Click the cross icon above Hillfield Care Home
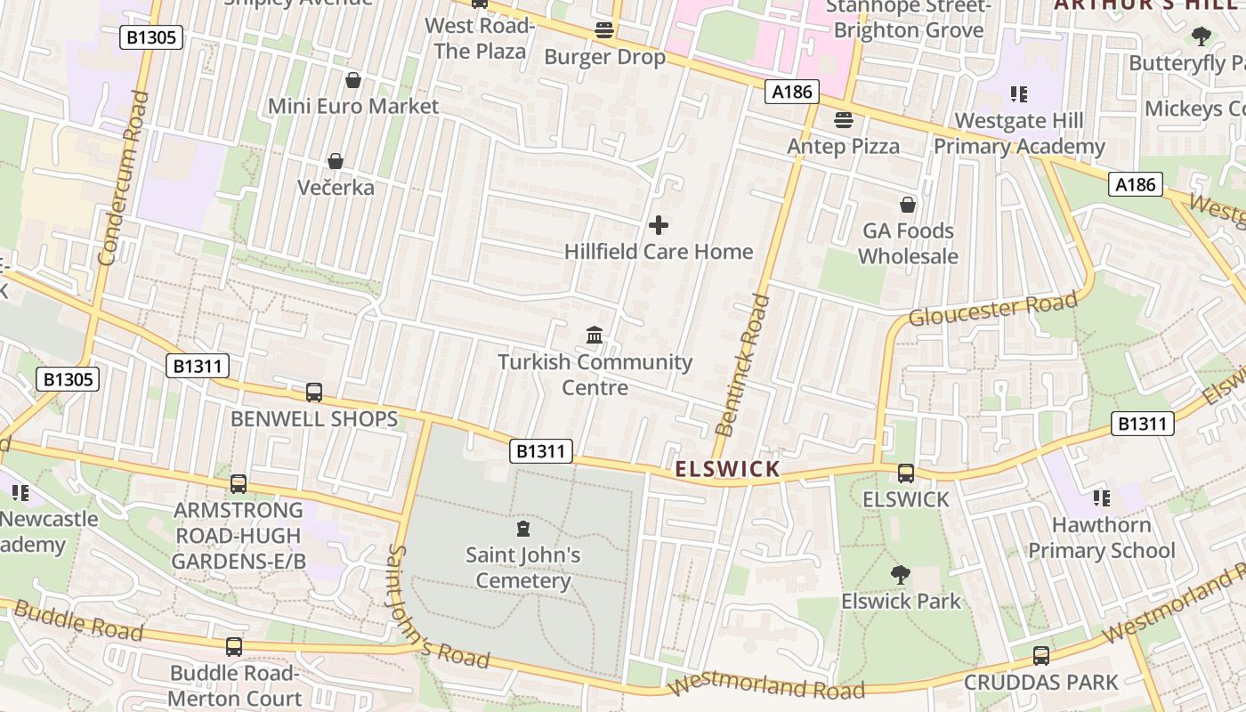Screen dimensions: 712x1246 point(659,225)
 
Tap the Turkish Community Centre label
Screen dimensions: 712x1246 point(595,375)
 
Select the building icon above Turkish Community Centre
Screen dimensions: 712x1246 point(595,336)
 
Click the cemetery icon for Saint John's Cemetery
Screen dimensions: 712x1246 point(523,530)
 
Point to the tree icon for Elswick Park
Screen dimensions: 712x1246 point(901,575)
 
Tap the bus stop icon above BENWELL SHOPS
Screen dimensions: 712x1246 point(314,392)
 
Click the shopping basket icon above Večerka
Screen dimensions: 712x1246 point(336,161)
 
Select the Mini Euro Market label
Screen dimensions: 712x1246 point(353,106)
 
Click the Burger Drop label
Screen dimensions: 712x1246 point(604,57)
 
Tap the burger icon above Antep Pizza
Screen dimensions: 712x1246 point(844,119)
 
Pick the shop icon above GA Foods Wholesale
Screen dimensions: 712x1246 point(908,205)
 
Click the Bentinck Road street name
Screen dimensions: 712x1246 point(741,365)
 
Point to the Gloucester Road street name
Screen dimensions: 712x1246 point(992,308)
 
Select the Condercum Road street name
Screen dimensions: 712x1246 point(121,178)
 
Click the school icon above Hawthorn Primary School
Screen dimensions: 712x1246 point(1102,498)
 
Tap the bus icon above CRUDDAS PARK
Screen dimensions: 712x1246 point(1041,656)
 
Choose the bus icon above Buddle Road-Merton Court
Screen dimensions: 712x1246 point(234,647)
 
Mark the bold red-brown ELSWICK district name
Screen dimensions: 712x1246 point(727,469)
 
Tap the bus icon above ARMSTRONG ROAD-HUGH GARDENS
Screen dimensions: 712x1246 point(239,484)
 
